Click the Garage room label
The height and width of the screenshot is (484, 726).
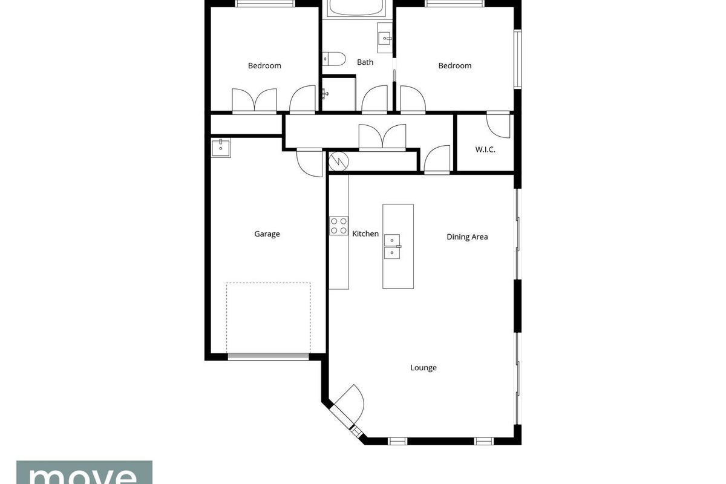267,234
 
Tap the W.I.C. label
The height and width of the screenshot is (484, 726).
485,149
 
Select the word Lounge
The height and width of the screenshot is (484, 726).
423,368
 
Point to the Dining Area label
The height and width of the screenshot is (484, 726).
467,237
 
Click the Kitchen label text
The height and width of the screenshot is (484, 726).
365,234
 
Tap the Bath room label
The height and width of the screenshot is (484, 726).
365,62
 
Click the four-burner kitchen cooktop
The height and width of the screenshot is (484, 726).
339,226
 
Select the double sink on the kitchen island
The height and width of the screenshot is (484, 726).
392,247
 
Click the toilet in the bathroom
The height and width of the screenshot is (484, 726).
334,59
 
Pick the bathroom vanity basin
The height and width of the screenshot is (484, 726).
385,38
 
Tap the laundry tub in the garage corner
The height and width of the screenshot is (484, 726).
221,148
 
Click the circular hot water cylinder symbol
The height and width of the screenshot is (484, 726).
338,161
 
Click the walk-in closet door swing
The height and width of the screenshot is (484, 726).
498,126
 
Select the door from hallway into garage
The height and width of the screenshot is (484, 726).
310,163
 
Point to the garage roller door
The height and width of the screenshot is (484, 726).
269,356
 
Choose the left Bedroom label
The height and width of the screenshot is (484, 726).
264,66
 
